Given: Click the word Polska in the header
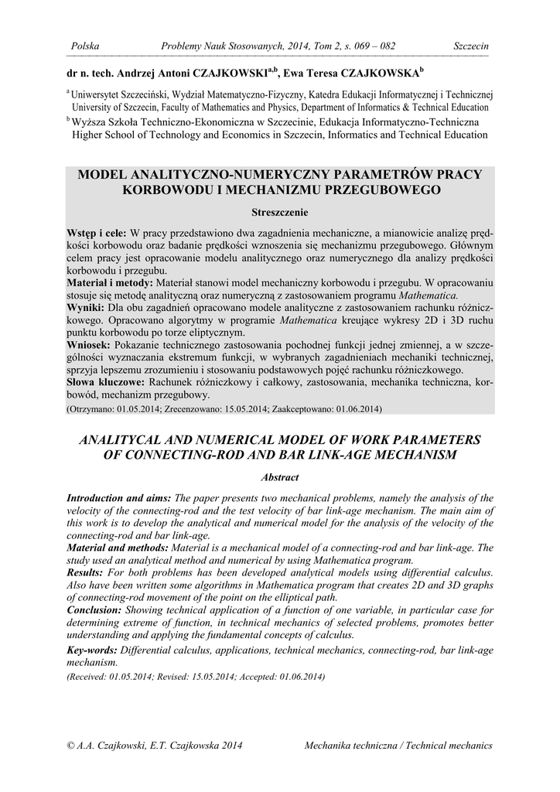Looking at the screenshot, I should [x=85, y=46].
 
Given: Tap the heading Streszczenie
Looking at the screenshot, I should [x=280, y=211].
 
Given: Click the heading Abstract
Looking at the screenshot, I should [x=280, y=478].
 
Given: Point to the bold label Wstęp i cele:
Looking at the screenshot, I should [x=97, y=233].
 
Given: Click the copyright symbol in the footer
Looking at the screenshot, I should [x=71, y=746].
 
